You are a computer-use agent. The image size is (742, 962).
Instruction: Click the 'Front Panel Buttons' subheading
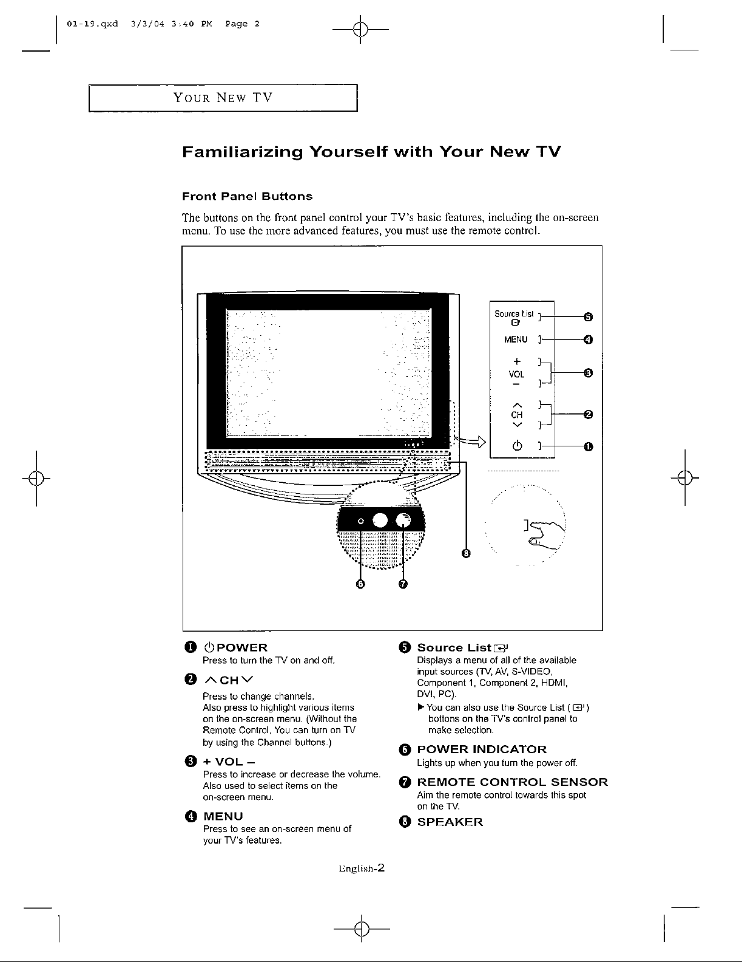(x=248, y=196)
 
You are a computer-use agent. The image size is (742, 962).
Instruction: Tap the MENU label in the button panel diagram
(x=516, y=339)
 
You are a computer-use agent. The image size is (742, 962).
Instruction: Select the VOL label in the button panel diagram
(x=516, y=375)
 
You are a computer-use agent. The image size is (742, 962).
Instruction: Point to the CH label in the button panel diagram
(x=517, y=414)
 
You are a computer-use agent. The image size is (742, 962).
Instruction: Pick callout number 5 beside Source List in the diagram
(x=587, y=316)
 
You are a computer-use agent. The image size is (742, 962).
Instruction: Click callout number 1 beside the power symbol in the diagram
(x=587, y=448)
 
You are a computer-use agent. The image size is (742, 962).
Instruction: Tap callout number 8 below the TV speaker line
(x=466, y=553)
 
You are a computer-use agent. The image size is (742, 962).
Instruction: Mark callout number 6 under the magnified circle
(x=360, y=584)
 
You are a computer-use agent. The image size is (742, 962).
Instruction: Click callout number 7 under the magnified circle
(x=403, y=584)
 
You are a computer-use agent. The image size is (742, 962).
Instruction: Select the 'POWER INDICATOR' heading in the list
(x=482, y=749)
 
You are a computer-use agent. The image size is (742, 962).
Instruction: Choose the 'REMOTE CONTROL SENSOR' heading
(x=513, y=782)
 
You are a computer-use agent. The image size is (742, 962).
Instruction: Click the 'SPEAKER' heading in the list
(x=450, y=822)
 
